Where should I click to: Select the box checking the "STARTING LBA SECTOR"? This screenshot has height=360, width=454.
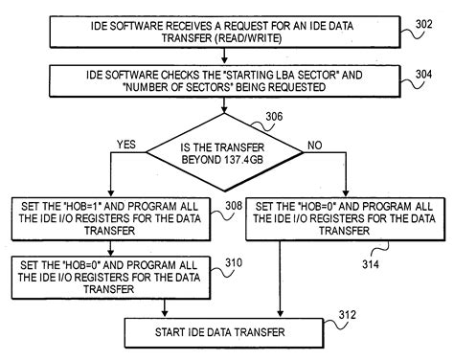click(227, 79)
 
